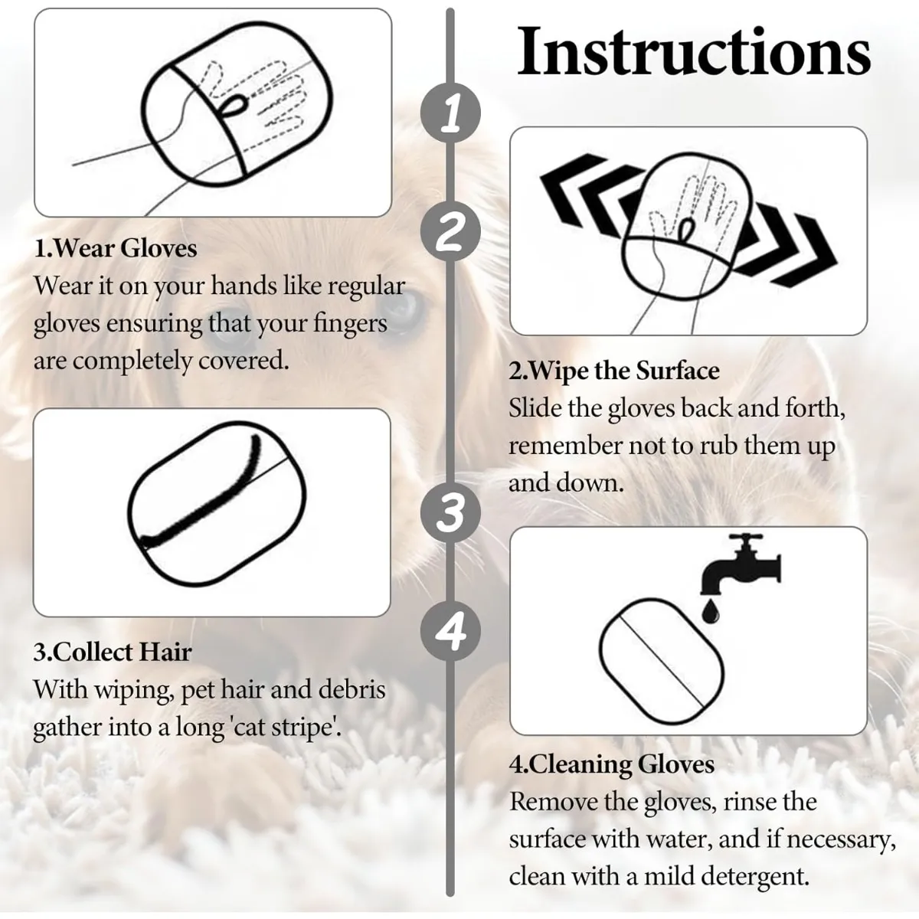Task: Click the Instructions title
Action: tap(694, 51)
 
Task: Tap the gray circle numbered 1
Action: tap(450, 113)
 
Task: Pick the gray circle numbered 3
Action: tap(450, 512)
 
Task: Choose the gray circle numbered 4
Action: tap(450, 630)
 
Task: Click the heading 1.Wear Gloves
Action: tap(116, 249)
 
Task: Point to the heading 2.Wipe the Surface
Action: tap(614, 371)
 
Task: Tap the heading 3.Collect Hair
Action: tap(113, 652)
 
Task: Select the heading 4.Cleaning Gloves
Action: tap(612, 764)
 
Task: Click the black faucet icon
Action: tap(740, 564)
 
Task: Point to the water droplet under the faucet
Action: tap(711, 611)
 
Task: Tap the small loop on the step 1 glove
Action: tap(236, 104)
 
